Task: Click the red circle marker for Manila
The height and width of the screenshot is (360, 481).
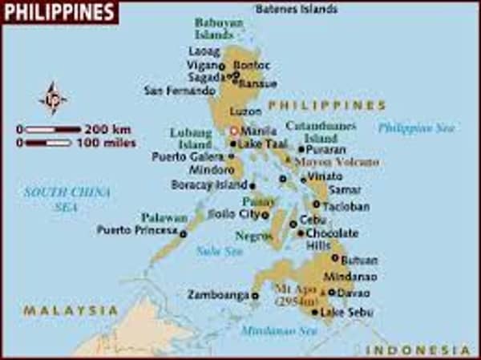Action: coord(234,130)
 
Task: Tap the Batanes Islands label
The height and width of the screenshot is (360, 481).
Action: coord(296,10)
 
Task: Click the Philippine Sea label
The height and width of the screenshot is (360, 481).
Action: coord(416,127)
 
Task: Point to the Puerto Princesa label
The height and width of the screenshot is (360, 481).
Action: coord(136,230)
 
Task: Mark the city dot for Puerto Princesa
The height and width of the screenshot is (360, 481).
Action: coord(183,234)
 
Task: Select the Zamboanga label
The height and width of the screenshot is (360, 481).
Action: coord(218,295)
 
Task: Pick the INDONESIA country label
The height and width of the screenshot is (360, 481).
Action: coord(418,350)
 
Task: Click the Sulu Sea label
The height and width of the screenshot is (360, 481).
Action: coord(219,251)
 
